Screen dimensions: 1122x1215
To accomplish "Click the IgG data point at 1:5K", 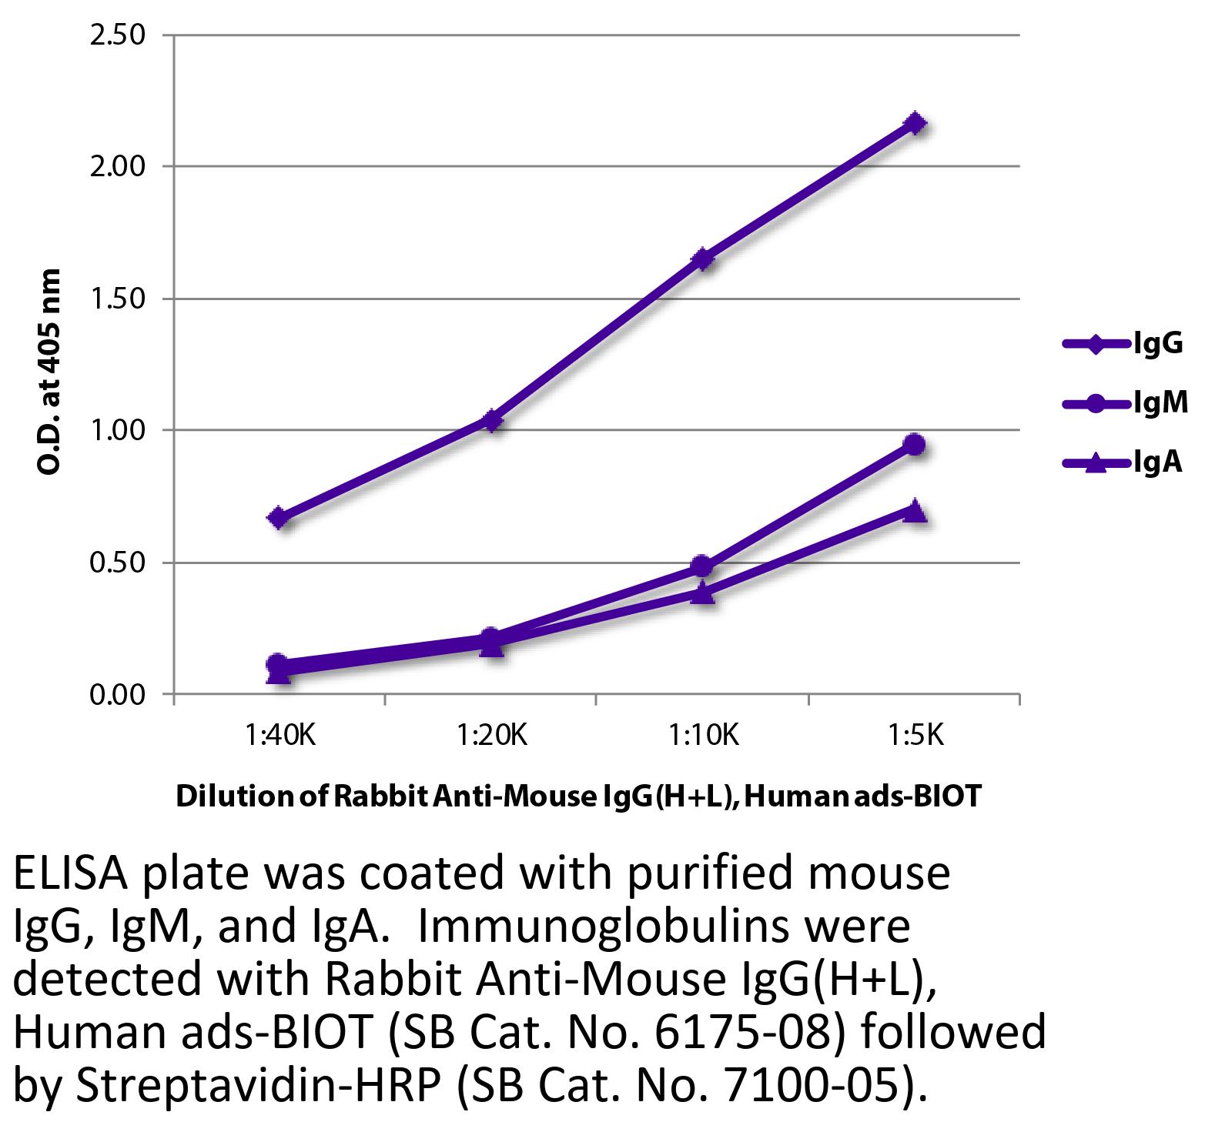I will pyautogui.click(x=915, y=123).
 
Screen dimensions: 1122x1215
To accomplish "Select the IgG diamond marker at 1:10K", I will pyautogui.click(x=702, y=259).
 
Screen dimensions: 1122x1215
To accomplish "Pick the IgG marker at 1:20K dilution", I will pyautogui.click(x=491, y=420).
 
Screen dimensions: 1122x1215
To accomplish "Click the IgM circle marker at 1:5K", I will pyautogui.click(x=915, y=444).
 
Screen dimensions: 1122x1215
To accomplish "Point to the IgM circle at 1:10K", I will pyautogui.click(x=701, y=566).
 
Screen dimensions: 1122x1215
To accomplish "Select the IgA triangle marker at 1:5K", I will pyautogui.click(x=915, y=510).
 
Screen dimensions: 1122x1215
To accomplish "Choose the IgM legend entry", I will pyautogui.click(x=1125, y=402).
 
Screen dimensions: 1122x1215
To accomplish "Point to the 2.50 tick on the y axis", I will pyautogui.click(x=118, y=35).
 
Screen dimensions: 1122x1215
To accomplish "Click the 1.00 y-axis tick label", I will pyautogui.click(x=118, y=430).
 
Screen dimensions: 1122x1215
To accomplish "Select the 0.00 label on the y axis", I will pyautogui.click(x=118, y=695).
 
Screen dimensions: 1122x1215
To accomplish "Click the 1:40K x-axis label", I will pyautogui.click(x=280, y=736).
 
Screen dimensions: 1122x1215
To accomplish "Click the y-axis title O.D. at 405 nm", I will pyautogui.click(x=49, y=371).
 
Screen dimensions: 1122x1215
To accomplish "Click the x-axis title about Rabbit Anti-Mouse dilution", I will pyautogui.click(x=579, y=796).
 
